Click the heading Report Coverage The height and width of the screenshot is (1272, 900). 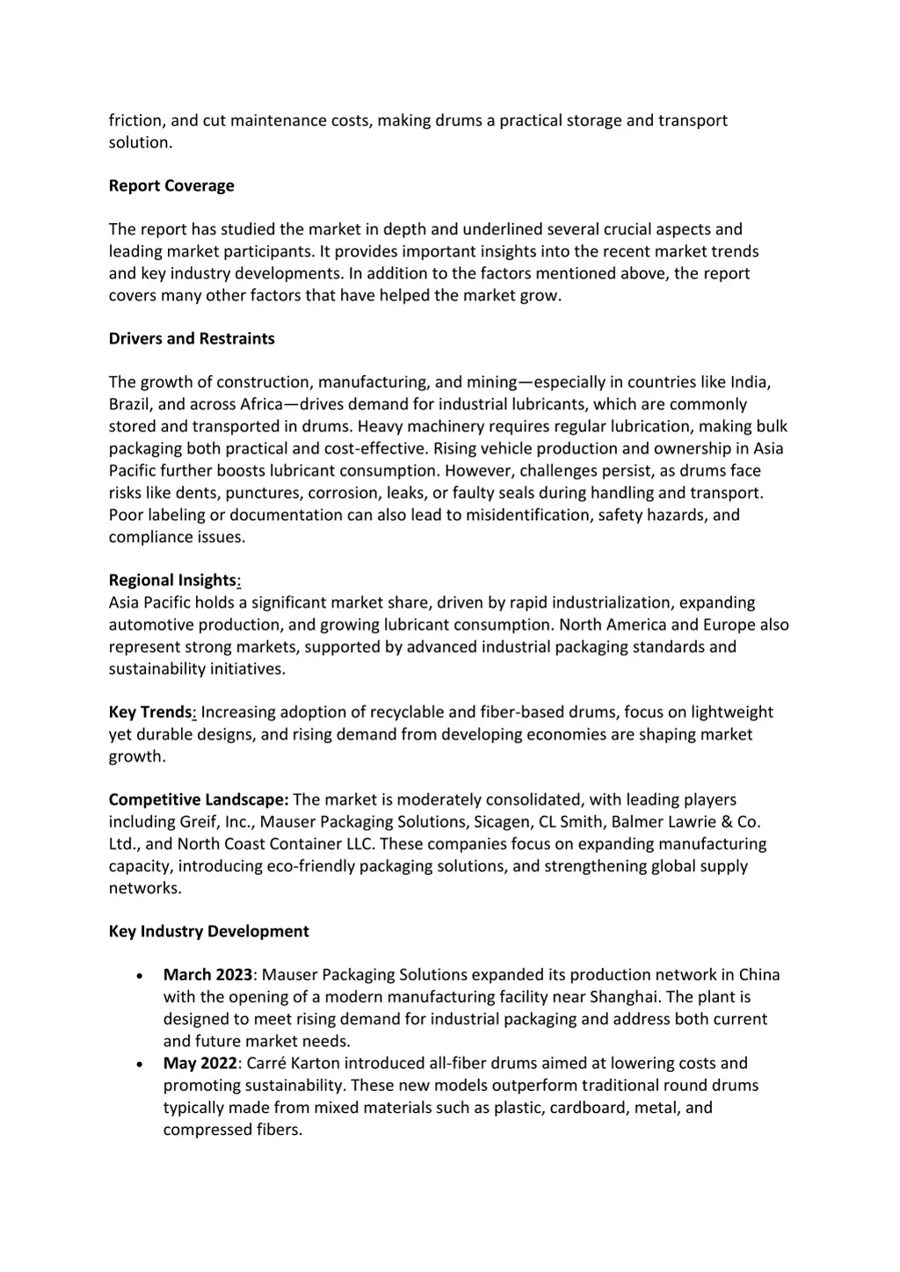(171, 185)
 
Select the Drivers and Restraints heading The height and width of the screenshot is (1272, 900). (192, 338)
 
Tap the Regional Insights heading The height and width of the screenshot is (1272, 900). (173, 580)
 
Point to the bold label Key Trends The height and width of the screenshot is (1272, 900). (149, 712)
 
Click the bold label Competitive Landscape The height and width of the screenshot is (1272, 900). (198, 799)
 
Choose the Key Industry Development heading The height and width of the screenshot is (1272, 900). (208, 931)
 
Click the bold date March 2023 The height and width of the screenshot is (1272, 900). (207, 975)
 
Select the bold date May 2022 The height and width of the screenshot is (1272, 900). (200, 1063)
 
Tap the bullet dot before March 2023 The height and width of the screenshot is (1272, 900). (140, 976)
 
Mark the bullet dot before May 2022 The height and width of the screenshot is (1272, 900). (140, 1064)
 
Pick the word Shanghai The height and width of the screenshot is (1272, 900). (625, 997)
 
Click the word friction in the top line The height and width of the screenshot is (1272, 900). (134, 120)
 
